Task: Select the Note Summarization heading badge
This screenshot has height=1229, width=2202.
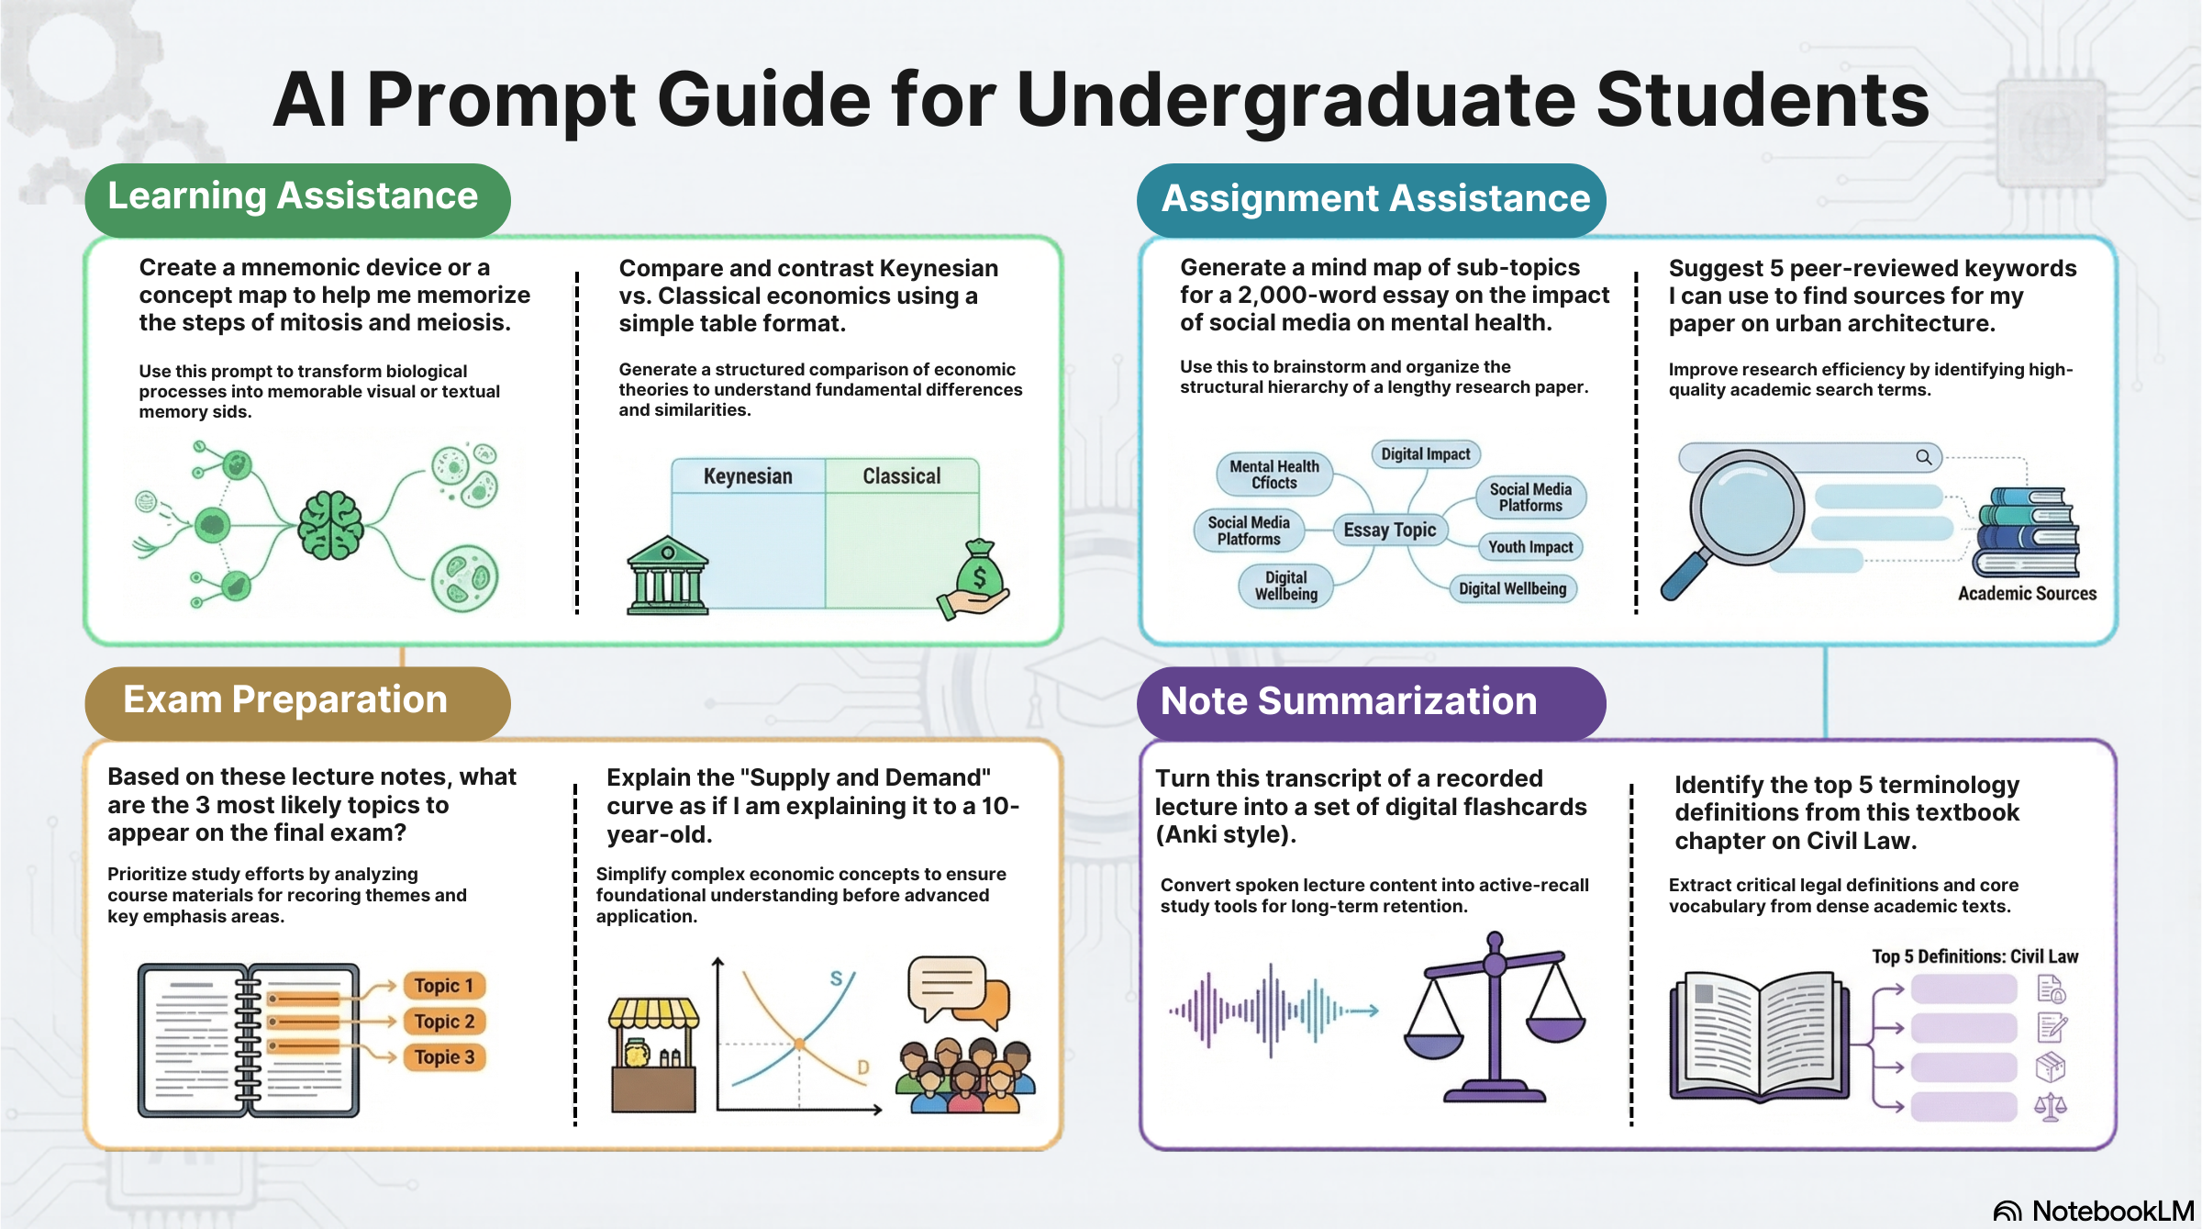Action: point(1370,702)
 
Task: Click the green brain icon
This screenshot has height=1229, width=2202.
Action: point(330,525)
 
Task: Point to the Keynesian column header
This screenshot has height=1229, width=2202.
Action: point(748,476)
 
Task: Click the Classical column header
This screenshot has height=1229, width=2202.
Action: point(901,476)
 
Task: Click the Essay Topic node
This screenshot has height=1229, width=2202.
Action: point(1389,530)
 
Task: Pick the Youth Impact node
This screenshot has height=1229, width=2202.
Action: point(1530,547)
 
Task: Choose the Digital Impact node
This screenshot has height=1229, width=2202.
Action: point(1425,454)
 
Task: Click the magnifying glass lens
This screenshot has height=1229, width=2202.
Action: point(1746,508)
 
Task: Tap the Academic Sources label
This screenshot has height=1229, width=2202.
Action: point(2027,594)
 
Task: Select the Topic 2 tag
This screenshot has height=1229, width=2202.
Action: point(444,1022)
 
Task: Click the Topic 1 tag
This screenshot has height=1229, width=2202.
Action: point(444,986)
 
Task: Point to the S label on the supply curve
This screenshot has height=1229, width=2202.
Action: point(836,978)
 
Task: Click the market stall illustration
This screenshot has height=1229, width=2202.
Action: point(653,1056)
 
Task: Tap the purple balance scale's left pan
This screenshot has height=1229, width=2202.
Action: point(1433,1041)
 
